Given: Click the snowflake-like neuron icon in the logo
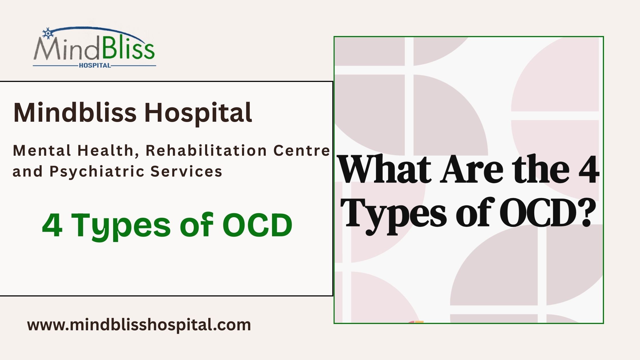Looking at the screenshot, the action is coord(48,33).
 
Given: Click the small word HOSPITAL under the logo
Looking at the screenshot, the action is coord(95,65).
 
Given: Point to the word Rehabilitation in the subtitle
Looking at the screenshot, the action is coord(206,150).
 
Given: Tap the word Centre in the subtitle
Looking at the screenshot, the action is coord(302,151).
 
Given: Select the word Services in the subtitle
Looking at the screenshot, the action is coord(186,171).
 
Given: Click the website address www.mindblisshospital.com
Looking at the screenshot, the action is coord(139,325).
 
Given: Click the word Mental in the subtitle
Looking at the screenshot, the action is coord(42,150).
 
